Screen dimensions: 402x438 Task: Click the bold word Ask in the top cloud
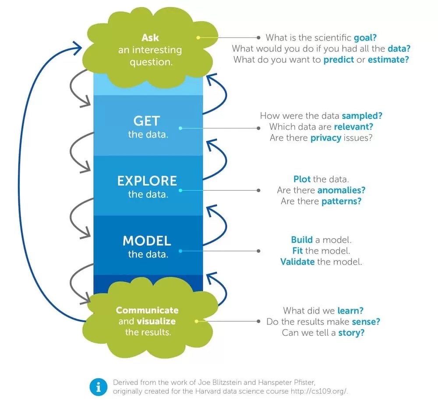coord(150,38)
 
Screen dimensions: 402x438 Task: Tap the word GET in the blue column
coord(147,121)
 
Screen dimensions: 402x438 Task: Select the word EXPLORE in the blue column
coord(147,181)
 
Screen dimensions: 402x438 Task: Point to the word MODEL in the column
coord(147,241)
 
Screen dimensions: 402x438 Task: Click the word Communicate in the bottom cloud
coord(147,310)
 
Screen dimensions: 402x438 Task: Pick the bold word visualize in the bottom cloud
coord(156,321)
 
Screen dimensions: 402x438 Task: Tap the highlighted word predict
coord(339,59)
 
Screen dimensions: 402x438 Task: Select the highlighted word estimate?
coord(388,59)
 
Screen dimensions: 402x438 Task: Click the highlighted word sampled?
coord(362,116)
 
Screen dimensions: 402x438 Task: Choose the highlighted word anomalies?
coord(341,190)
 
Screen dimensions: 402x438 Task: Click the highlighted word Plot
coord(302,179)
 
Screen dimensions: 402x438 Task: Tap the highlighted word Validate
coord(297,262)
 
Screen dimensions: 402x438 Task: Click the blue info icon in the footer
coord(98,386)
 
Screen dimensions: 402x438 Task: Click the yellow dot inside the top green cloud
coord(198,38)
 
